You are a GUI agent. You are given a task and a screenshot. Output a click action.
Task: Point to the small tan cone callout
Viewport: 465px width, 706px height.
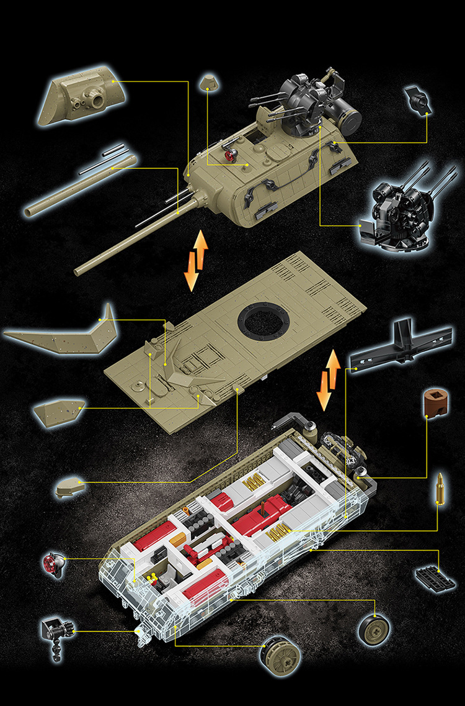[207, 84]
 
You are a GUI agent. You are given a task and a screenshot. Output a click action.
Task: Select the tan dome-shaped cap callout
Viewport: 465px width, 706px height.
[72, 487]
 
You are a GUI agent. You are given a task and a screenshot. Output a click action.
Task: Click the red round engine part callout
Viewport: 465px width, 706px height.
[53, 563]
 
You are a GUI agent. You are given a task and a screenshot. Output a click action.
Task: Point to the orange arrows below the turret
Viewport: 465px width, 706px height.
[195, 261]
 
